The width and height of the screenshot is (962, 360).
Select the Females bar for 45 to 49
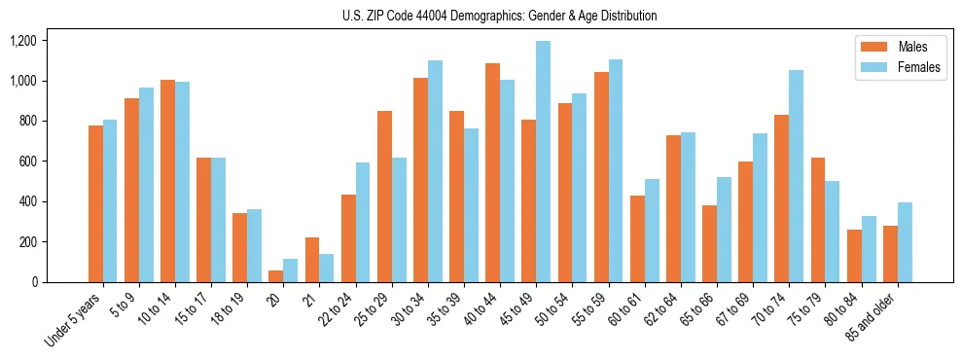click(543, 162)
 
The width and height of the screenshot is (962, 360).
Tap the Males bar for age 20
click(276, 275)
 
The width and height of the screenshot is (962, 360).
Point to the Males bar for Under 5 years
click(95, 203)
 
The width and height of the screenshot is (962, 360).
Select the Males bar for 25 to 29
click(384, 197)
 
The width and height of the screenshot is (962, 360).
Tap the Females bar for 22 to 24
click(363, 222)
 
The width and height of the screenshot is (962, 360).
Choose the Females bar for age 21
click(327, 268)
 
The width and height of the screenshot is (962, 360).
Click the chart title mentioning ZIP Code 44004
click(500, 16)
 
